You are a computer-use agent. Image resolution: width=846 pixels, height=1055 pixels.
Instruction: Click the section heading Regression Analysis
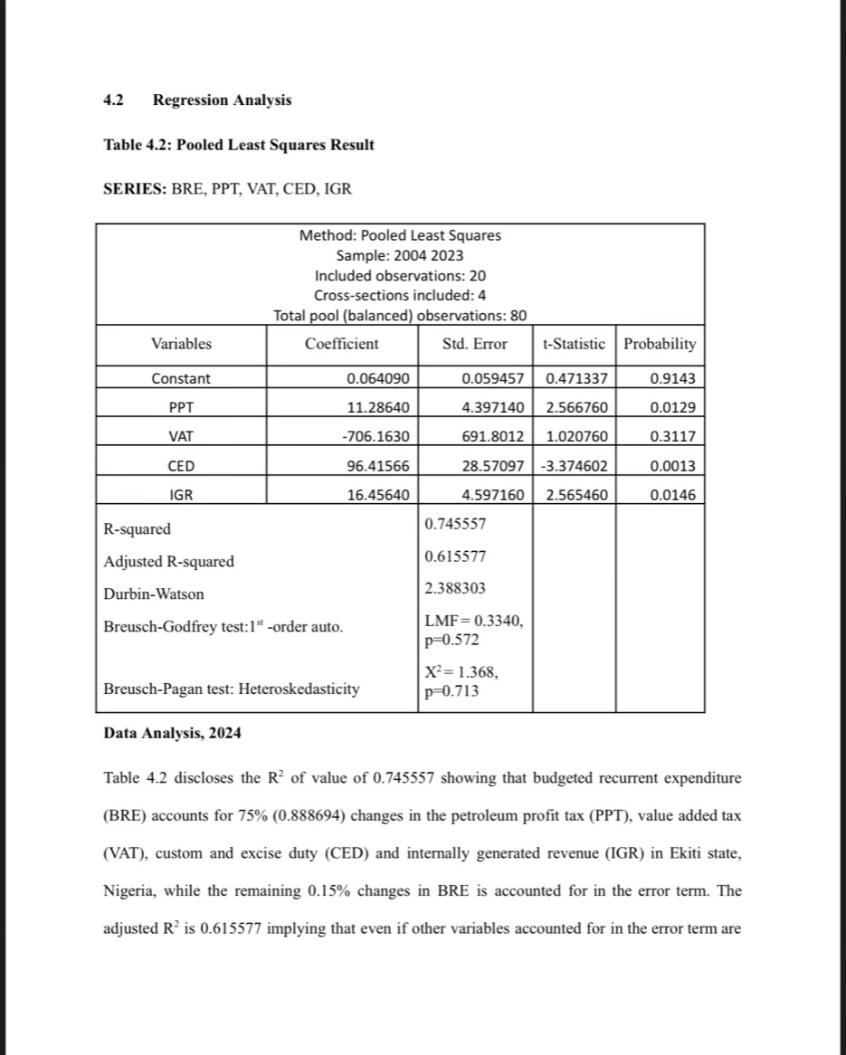click(x=222, y=100)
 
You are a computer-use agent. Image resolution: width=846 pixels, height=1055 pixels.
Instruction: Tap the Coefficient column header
click(x=342, y=344)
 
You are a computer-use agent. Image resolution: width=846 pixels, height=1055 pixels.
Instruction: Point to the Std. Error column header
click(x=475, y=344)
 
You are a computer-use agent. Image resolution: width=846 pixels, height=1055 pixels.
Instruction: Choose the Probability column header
click(x=660, y=344)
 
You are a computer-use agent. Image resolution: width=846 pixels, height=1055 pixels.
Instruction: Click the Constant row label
click(x=181, y=379)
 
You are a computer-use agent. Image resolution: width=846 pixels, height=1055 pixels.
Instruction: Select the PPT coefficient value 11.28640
click(x=378, y=408)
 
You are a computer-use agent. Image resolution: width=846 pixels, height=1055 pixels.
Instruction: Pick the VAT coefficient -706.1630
click(x=375, y=437)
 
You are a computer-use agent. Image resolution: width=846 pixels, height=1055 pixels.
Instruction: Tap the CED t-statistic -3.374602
click(x=575, y=466)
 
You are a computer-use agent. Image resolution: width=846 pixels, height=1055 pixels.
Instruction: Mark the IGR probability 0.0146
click(x=673, y=495)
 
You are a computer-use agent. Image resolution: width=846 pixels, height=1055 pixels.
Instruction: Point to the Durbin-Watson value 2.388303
click(x=455, y=588)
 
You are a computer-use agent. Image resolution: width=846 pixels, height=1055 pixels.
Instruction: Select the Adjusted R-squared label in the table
click(x=168, y=562)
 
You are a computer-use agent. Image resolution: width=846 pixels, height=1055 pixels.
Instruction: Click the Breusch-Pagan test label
click(x=231, y=689)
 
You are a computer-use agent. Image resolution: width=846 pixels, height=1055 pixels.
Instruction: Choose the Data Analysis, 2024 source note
click(x=172, y=733)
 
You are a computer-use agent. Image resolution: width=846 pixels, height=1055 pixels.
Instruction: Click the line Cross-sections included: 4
click(x=400, y=295)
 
